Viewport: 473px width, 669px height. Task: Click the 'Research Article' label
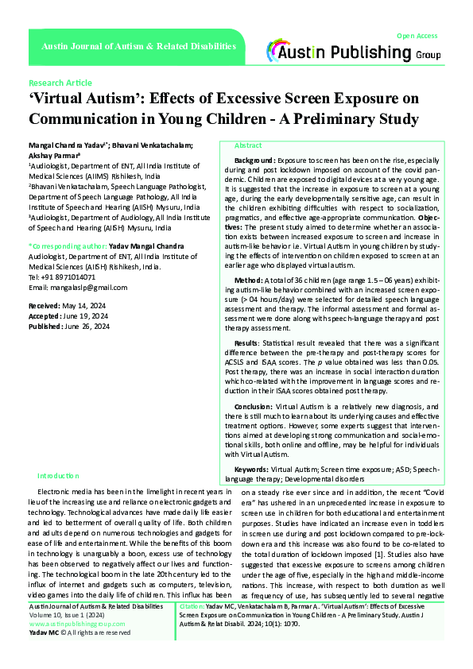click(x=60, y=83)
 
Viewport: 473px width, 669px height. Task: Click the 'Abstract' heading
click(x=248, y=146)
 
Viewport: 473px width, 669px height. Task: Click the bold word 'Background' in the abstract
click(x=255, y=160)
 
